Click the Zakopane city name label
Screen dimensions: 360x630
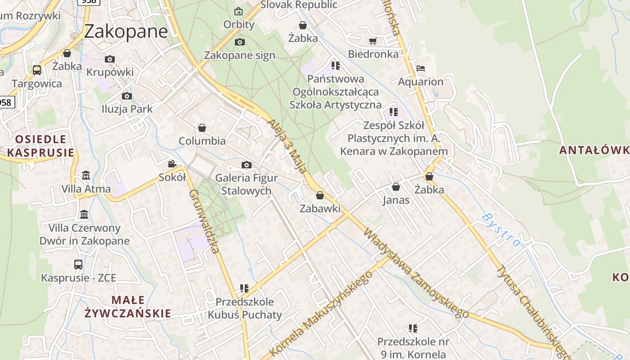click(x=126, y=31)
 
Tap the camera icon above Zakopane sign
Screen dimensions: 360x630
click(x=240, y=42)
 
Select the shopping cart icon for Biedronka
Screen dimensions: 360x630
click(x=373, y=41)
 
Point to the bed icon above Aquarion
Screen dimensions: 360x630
click(x=421, y=69)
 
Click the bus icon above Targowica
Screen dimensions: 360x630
click(x=37, y=70)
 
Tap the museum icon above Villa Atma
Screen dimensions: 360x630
click(x=86, y=175)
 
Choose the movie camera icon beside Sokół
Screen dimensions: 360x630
click(x=172, y=164)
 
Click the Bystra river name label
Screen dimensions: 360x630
click(x=501, y=230)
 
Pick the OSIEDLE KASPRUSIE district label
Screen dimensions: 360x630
click(x=40, y=146)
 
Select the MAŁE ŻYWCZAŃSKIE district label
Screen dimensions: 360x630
click(x=128, y=306)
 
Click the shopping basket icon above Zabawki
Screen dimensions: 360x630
click(x=320, y=195)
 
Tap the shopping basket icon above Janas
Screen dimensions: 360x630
click(x=396, y=187)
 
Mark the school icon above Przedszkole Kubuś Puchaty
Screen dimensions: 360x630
click(x=244, y=288)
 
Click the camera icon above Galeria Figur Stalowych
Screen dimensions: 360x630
click(x=246, y=165)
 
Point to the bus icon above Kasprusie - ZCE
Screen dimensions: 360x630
click(x=78, y=264)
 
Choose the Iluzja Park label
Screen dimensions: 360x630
click(x=127, y=109)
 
